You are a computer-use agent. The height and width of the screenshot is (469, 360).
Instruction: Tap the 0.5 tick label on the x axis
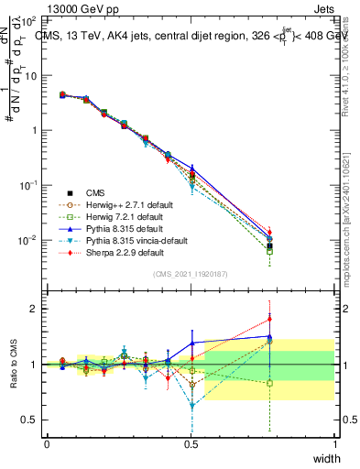pyautogui.click(x=191, y=444)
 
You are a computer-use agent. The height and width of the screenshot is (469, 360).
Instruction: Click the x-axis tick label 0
pyautogui.click(x=47, y=444)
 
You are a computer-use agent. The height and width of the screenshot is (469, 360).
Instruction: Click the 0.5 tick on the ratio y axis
pyautogui.click(x=28, y=420)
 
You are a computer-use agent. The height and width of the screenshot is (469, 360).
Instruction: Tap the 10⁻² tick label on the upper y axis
pyautogui.click(x=27, y=240)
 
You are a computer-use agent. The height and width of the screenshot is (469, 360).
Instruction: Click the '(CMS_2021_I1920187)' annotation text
pyautogui.click(x=191, y=274)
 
